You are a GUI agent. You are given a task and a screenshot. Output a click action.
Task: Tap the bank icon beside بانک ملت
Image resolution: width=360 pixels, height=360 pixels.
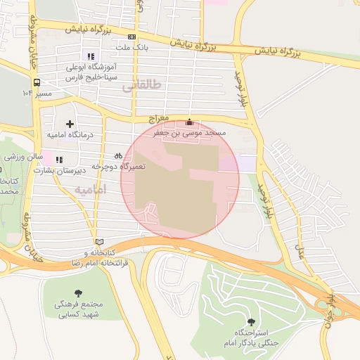[132, 37]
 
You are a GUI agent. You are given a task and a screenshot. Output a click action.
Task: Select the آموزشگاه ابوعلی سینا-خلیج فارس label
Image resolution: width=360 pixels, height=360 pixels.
[90, 72]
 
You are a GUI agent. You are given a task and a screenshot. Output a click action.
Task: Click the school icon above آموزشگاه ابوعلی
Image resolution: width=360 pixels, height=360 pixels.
[90, 56]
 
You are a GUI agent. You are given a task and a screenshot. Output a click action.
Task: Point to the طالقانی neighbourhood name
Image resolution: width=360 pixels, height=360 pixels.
[141, 86]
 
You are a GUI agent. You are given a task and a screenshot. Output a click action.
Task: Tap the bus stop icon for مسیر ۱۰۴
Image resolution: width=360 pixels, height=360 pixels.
[37, 82]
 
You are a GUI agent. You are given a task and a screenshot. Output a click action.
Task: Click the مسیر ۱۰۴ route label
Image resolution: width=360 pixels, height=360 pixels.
[37, 93]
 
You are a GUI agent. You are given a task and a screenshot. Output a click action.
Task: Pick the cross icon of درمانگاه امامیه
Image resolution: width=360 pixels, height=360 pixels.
[70, 124]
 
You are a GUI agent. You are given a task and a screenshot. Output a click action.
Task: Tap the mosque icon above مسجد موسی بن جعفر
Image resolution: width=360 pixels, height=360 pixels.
[188, 122]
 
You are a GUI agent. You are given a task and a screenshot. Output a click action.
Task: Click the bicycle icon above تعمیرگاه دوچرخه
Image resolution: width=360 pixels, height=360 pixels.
[118, 155]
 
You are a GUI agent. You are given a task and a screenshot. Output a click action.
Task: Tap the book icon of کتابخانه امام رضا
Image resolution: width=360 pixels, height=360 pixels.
[98, 243]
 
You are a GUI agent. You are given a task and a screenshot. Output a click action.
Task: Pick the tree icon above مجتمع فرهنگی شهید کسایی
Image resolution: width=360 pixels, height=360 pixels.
[77, 292]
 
